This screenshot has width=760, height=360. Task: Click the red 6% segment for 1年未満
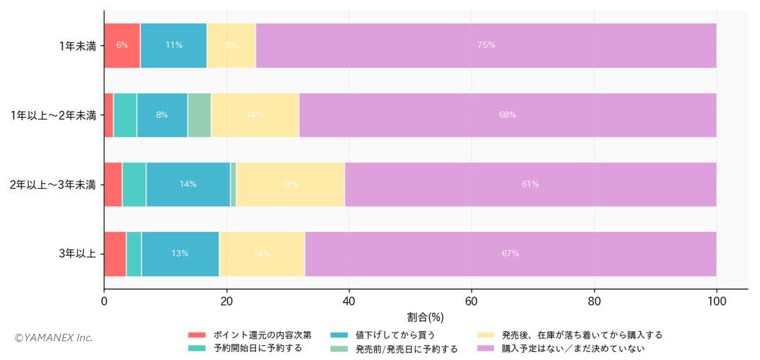[x=122, y=45]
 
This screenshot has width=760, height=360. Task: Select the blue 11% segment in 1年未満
[x=173, y=45]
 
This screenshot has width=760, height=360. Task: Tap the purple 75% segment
[x=486, y=45]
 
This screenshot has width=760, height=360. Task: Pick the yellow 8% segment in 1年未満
[x=231, y=45]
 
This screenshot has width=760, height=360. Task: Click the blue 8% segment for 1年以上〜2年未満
[x=162, y=115]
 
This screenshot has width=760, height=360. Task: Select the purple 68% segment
[x=507, y=115]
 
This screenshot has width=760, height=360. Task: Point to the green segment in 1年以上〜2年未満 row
[x=199, y=115]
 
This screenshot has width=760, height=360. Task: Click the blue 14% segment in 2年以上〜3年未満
[x=188, y=184]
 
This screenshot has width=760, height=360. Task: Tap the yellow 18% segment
[x=290, y=184]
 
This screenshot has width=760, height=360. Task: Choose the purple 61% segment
[x=530, y=184]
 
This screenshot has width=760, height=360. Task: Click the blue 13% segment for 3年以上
[x=180, y=254]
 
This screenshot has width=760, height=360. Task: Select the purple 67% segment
[x=510, y=254]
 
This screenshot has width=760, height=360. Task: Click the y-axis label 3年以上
[x=77, y=254]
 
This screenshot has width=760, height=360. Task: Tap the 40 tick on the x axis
[x=349, y=302]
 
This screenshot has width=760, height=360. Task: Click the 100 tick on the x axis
[x=716, y=302]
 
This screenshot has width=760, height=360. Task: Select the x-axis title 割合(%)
[x=425, y=316]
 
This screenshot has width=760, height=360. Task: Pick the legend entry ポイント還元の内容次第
[x=261, y=334]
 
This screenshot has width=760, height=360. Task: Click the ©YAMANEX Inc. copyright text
[x=53, y=338]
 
